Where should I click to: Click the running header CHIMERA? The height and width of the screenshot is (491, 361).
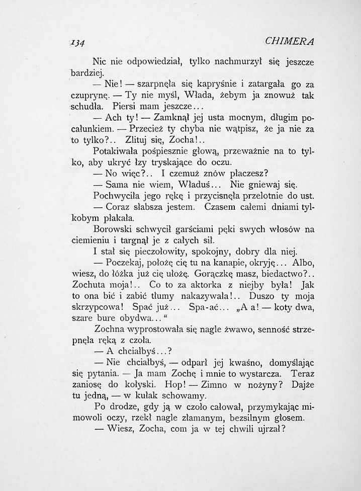pos(292,40)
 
